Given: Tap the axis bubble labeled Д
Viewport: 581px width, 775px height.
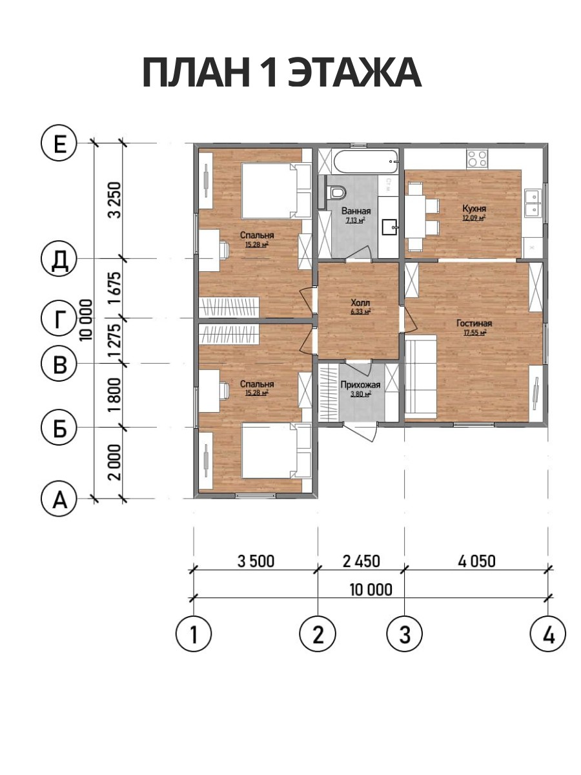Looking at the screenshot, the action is pyautogui.click(x=59, y=258).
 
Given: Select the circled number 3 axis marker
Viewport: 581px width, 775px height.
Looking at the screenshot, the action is pyautogui.click(x=404, y=634).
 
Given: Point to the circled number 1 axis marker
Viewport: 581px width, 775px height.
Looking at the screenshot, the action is pyautogui.click(x=193, y=634).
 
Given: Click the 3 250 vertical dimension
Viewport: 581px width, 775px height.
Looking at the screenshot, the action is pyautogui.click(x=116, y=200).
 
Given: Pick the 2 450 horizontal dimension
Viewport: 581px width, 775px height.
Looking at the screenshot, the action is pyautogui.click(x=362, y=561).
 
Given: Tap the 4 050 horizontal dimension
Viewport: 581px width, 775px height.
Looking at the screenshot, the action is pyautogui.click(x=476, y=561).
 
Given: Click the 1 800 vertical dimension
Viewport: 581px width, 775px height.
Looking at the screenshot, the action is pyautogui.click(x=116, y=395).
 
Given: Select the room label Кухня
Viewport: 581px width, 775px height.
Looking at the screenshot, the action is pyautogui.click(x=474, y=209).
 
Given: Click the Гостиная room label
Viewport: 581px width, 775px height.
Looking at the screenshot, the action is pyautogui.click(x=474, y=323).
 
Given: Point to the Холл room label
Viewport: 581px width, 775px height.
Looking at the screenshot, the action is pyautogui.click(x=360, y=303).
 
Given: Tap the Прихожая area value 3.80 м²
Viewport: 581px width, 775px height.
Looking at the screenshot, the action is pyautogui.click(x=360, y=394).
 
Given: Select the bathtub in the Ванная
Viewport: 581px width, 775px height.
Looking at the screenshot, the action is pyautogui.click(x=365, y=161).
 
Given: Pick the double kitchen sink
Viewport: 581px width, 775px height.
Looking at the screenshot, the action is pyautogui.click(x=533, y=203).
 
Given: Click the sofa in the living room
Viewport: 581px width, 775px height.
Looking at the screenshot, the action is pyautogui.click(x=420, y=378).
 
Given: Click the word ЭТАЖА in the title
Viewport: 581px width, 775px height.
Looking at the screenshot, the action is pyautogui.click(x=355, y=73).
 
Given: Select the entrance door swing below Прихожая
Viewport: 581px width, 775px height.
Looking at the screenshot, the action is pyautogui.click(x=362, y=432).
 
